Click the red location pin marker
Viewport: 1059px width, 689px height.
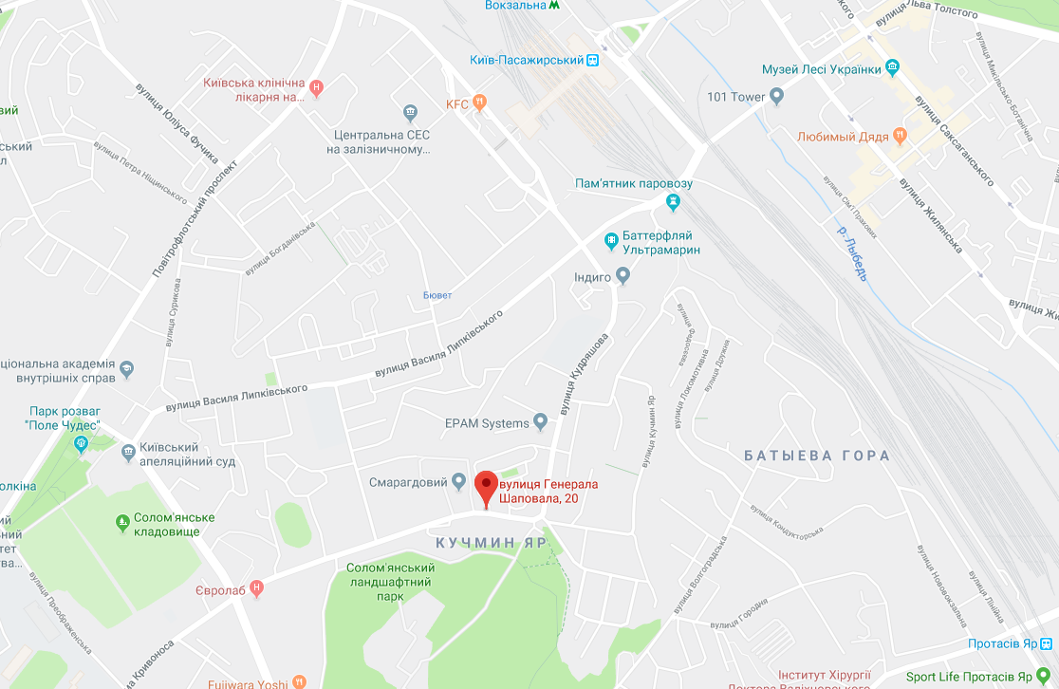486,487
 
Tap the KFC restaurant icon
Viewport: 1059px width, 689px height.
481,102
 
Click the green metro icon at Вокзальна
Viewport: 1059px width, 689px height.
554,5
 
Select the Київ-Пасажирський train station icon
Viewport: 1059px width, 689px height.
593,60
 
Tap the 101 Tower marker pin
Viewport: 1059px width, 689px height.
777,96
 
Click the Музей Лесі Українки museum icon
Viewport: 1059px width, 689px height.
892,68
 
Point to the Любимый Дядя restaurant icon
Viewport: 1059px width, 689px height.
899,137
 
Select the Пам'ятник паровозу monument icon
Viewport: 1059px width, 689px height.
673,201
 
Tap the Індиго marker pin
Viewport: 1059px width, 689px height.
623,276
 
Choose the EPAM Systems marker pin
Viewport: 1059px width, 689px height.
541,420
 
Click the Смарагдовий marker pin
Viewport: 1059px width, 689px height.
459,481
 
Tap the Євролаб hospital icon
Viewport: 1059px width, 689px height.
256,589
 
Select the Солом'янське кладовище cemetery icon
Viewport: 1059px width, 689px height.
122,522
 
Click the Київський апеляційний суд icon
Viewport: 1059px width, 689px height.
129,454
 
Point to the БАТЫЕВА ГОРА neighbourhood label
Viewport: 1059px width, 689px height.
817,456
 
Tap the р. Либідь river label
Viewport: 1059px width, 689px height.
851,252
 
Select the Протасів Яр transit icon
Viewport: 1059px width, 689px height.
1046,643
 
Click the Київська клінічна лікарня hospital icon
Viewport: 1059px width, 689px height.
317,88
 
